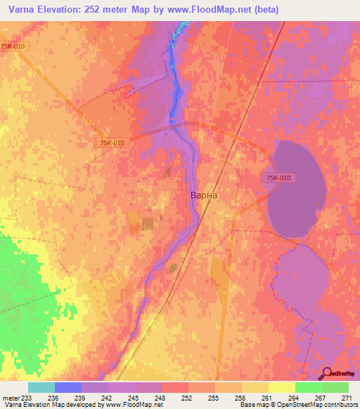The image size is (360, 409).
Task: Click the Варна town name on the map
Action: pos(205,196)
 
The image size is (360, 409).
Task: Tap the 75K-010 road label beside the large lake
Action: pos(278,178)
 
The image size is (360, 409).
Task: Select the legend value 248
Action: pos(161,397)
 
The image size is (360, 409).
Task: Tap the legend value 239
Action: pos(81,397)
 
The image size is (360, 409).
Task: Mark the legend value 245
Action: pos(134,397)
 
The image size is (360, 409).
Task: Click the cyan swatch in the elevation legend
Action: pos(41,387)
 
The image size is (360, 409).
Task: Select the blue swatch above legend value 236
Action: pos(68,387)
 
